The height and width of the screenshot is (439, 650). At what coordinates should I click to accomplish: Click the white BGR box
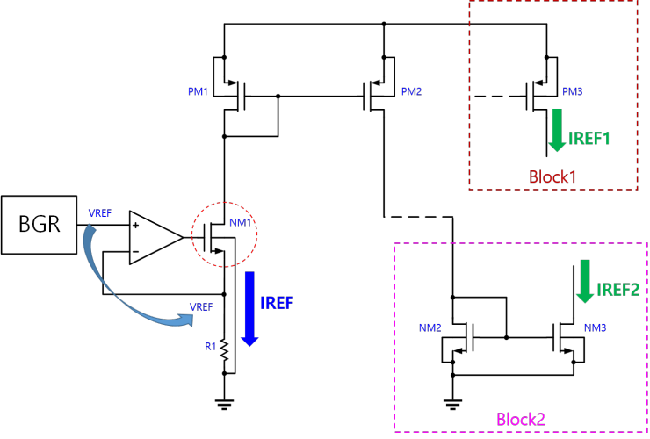pos(39,225)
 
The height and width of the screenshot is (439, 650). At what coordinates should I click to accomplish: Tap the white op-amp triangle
pos(151,237)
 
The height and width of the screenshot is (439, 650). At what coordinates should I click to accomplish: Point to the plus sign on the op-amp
pos(136,225)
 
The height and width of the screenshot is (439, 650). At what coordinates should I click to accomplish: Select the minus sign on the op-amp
pos(135,251)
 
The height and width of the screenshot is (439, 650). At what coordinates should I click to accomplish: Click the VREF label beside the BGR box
pos(100,213)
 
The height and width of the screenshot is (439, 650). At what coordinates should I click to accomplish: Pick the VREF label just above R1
pos(201,307)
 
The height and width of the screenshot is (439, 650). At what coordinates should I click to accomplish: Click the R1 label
pos(211,347)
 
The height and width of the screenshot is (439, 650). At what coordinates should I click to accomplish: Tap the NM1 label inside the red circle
pos(241,223)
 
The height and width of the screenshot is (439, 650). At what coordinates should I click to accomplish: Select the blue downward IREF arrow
pos(249,308)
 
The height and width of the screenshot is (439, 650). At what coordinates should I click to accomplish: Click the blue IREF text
pos(277,304)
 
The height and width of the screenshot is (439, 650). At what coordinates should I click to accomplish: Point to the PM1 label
pos(199,92)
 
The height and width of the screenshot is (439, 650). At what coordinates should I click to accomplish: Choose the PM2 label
pos(411,92)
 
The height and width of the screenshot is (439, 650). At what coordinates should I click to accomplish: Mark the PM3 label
pos(573,92)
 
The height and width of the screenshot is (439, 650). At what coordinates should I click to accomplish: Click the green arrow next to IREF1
pos(557,130)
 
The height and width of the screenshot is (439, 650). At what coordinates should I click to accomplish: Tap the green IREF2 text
pos(618,290)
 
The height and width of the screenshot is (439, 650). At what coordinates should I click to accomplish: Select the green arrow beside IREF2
pos(585,282)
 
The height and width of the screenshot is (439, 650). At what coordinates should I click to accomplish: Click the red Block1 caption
pos(552,177)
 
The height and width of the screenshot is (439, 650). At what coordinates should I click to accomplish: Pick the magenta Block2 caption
pos(521,420)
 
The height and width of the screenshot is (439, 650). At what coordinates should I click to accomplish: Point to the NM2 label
pos(430,328)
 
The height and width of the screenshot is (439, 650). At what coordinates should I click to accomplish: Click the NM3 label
pos(596,328)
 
